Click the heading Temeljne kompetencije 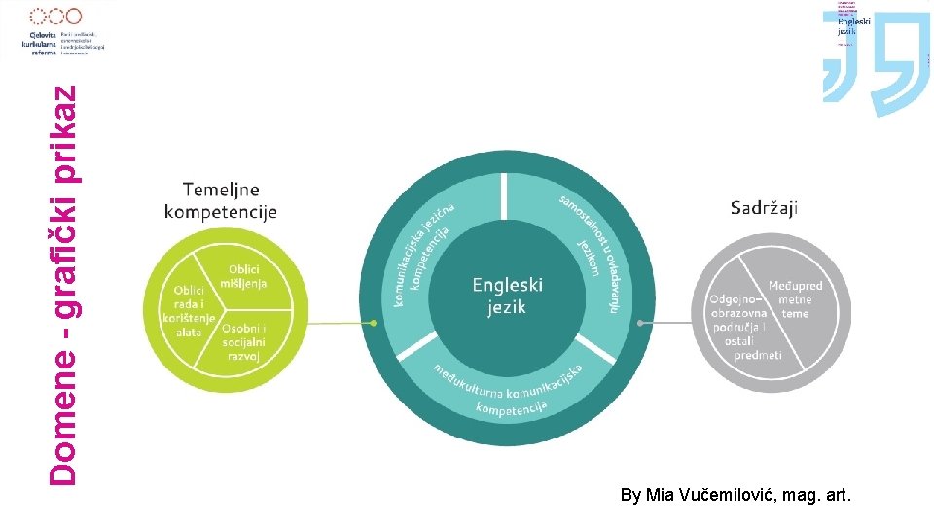point(221,200)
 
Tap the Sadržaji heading point(764,206)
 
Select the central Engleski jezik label point(507,296)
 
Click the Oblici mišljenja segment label point(243,276)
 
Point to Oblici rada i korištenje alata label point(189,310)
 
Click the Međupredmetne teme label point(795,299)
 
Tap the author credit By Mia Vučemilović point(735,496)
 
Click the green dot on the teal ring point(375,323)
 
